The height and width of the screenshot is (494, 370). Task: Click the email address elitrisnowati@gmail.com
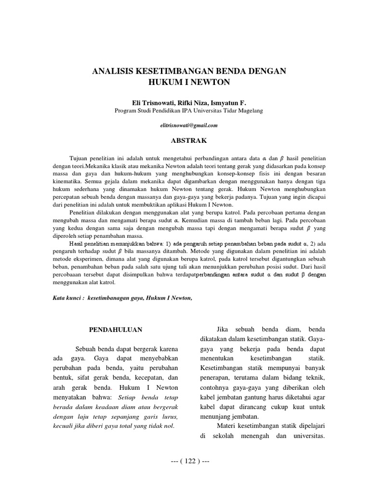[185, 125]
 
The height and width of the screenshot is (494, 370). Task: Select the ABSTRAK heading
[185, 141]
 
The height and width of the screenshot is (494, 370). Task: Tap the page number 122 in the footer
[185, 461]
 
